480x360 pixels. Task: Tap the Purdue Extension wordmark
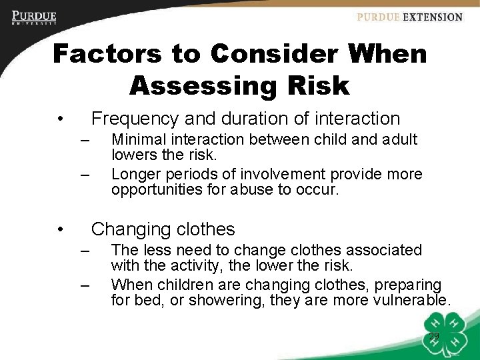pyautogui.click(x=409, y=17)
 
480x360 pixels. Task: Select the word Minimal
pyautogui.click(x=139, y=139)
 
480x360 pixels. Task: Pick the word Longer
pyautogui.click(x=136, y=174)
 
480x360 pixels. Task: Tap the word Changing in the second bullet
pyautogui.click(x=127, y=229)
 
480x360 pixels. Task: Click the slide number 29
pyautogui.click(x=434, y=336)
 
